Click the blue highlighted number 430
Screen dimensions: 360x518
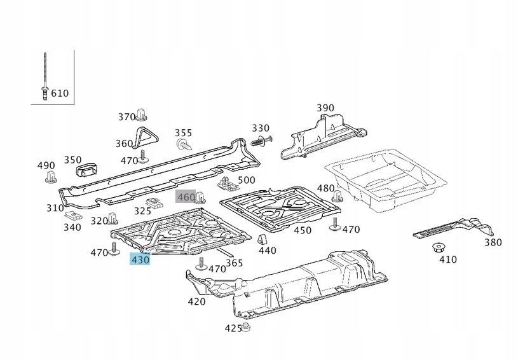click(x=140, y=260)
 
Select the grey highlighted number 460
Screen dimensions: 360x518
click(x=186, y=197)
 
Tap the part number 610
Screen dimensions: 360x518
click(x=60, y=93)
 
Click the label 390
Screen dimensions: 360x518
click(x=325, y=108)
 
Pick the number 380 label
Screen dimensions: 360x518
click(x=493, y=242)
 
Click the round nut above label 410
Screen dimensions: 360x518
click(x=437, y=247)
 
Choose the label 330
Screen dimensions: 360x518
click(x=261, y=128)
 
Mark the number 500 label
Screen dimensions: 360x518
click(x=246, y=180)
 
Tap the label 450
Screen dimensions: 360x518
click(x=303, y=230)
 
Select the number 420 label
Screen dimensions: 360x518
click(x=197, y=301)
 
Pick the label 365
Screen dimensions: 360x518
click(x=235, y=263)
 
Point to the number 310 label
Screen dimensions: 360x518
click(x=55, y=208)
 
